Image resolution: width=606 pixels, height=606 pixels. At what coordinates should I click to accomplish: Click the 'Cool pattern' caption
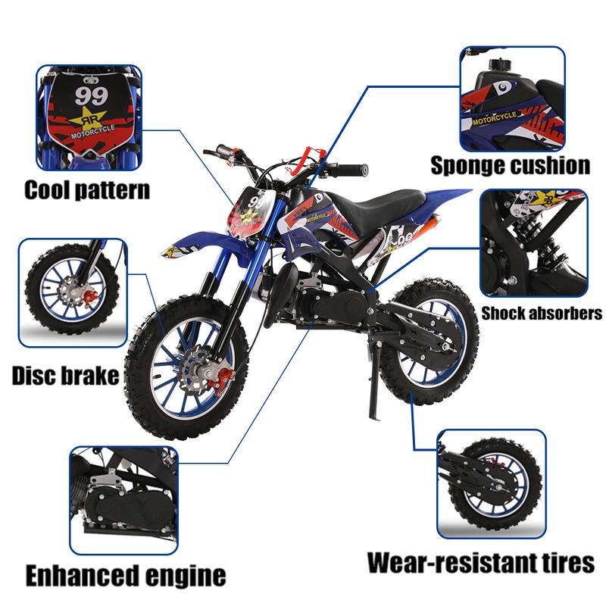87,190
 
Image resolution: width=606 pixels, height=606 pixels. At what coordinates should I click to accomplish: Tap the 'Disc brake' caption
65,375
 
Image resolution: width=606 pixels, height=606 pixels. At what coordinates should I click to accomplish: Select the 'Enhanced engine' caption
126,576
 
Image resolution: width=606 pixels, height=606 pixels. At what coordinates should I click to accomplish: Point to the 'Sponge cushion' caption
510,165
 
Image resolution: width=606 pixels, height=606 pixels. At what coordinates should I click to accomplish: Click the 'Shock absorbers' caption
542,313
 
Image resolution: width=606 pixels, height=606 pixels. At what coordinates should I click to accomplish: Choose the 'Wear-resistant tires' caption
481,562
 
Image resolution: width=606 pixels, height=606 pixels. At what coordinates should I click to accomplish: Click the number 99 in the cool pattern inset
92,96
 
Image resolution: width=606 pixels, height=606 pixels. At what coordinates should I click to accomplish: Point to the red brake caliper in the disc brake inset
90,299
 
